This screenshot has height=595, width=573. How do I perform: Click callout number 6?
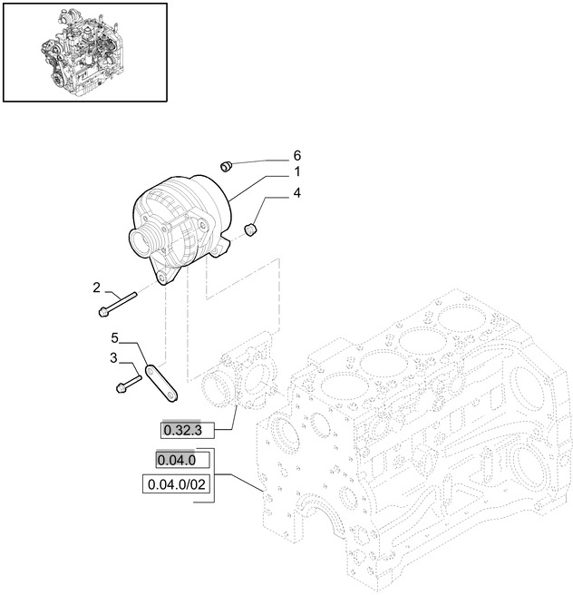pos(296,155)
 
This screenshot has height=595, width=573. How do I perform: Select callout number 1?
pos(296,172)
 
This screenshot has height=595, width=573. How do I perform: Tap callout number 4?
pos(296,192)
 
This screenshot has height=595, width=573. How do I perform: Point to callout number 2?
pos(96,288)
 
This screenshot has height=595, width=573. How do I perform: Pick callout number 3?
pos(114,359)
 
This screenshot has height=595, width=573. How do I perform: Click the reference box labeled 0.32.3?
pos(184,428)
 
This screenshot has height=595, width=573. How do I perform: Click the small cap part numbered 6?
pos(228,165)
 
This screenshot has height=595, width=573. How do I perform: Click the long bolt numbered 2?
pos(117,304)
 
